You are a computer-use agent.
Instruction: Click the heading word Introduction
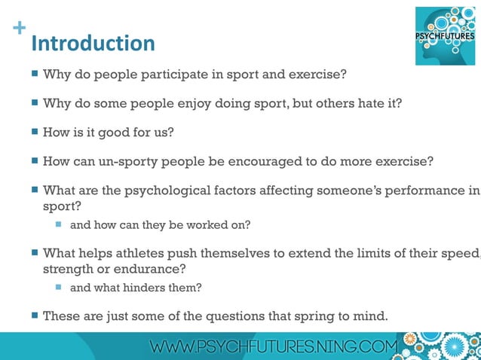(x=93, y=43)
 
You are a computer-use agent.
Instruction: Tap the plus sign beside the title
(x=19, y=29)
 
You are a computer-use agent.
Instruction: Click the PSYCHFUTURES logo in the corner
(x=446, y=35)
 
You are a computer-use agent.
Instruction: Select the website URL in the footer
(x=273, y=347)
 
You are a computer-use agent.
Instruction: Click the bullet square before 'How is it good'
(x=35, y=133)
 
